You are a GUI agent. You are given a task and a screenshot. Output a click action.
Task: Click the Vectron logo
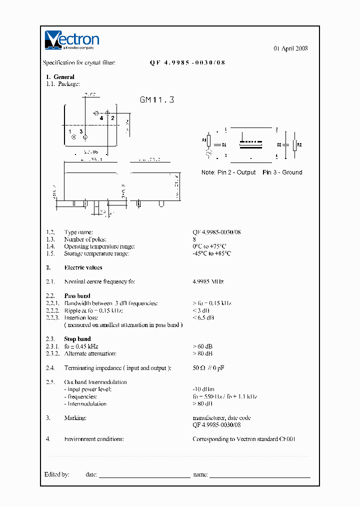pos(72,40)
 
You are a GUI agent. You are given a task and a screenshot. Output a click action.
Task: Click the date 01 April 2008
pos(290,48)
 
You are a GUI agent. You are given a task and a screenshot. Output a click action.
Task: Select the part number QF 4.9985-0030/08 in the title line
pos(187,63)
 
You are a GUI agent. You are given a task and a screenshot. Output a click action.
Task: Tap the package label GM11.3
pos(157,100)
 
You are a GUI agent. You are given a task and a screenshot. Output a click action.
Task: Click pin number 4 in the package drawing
pos(101,118)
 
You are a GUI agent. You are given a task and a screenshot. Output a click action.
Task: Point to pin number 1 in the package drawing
pos(70,131)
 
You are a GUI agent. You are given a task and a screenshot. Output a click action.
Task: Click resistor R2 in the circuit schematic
pos(299,145)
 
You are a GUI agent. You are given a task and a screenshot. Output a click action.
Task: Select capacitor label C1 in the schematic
pos(224,145)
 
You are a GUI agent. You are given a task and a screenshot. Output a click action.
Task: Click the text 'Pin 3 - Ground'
pos(282,172)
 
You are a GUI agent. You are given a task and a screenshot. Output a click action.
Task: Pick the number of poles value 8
pos(194,239)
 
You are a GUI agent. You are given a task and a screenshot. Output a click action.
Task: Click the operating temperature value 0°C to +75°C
pos(209,246)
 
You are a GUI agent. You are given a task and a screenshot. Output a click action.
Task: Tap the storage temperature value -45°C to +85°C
pos(212,253)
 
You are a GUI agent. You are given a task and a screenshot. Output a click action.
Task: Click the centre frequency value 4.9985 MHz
pos(208,282)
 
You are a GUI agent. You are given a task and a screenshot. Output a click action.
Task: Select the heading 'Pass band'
pos(77,296)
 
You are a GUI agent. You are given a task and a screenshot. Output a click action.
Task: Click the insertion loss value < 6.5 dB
pos(203,317)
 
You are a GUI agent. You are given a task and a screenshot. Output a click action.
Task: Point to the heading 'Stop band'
pos(77,339)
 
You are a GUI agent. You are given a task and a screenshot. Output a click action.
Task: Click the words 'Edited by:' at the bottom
pos(56,474)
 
